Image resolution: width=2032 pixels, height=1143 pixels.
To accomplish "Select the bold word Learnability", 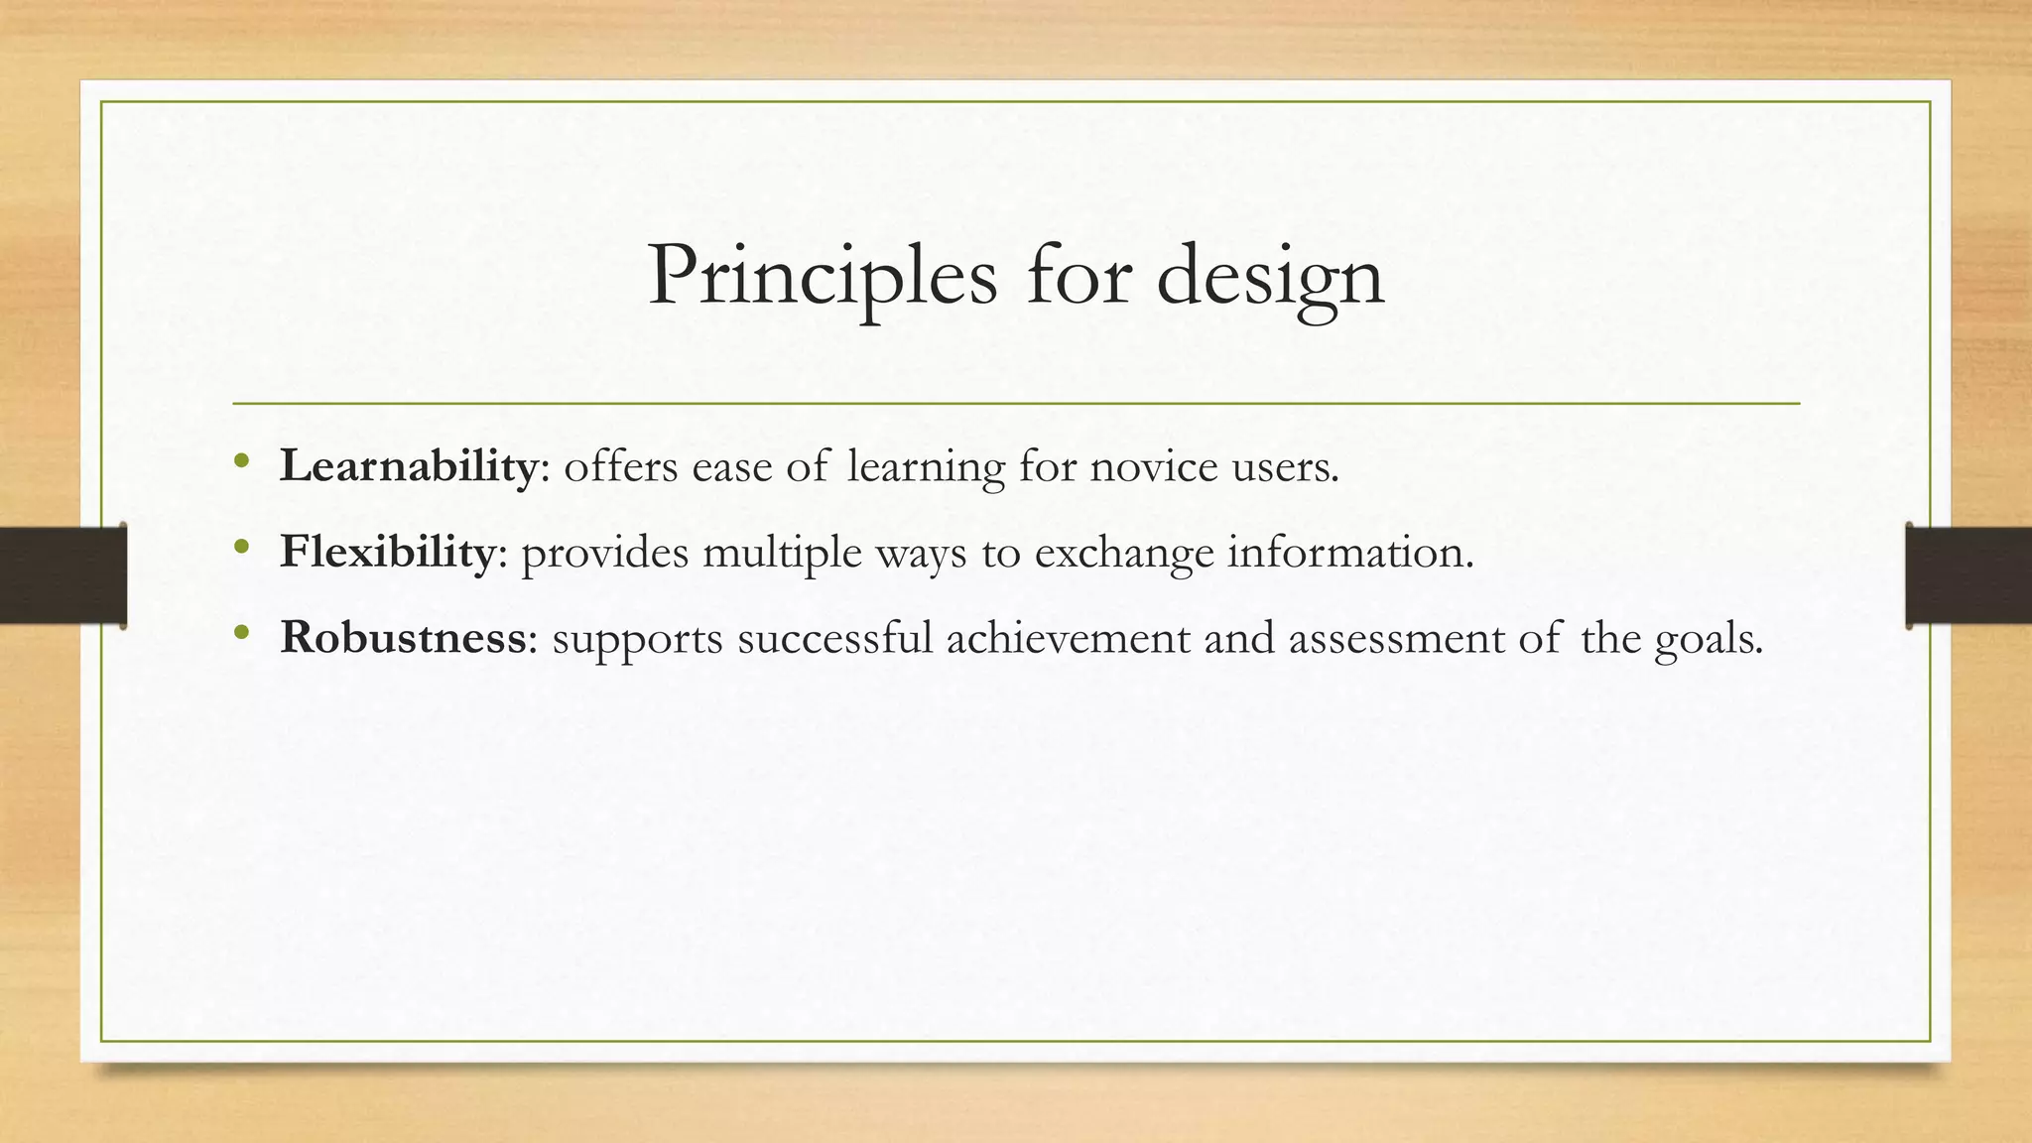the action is coord(408,466).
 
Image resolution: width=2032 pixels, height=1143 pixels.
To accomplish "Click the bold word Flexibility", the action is coord(387,552).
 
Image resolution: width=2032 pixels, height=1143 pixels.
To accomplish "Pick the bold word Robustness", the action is coord(402,637).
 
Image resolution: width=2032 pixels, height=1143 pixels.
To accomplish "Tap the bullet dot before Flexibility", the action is coord(241,548).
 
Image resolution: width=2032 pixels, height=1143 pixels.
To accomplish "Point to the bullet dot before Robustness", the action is coord(241,633).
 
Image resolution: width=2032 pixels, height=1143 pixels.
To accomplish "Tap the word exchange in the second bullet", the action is coord(1124,553).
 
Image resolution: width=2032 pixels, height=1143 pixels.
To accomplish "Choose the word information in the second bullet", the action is coord(1349,553).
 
